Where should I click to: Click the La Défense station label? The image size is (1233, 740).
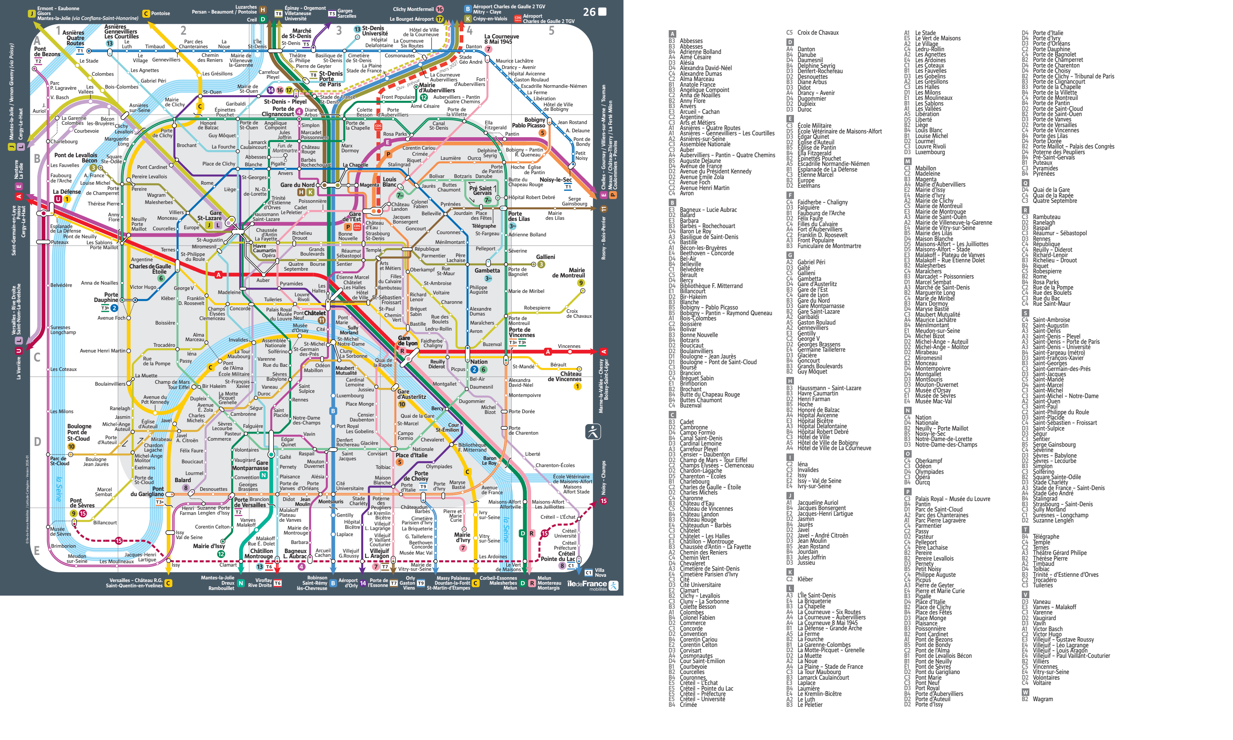click(66, 192)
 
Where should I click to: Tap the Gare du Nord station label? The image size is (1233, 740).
click(297, 184)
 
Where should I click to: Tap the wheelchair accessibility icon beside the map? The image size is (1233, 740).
click(593, 431)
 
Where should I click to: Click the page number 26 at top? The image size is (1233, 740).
click(589, 12)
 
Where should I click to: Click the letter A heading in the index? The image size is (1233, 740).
click(672, 34)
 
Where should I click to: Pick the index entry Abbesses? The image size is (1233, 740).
click(691, 41)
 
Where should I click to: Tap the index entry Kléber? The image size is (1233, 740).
click(805, 579)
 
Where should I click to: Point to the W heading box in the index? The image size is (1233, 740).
click(1025, 692)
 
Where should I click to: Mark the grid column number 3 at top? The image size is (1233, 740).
click(339, 31)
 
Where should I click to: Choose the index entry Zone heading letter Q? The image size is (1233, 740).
click(1025, 183)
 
